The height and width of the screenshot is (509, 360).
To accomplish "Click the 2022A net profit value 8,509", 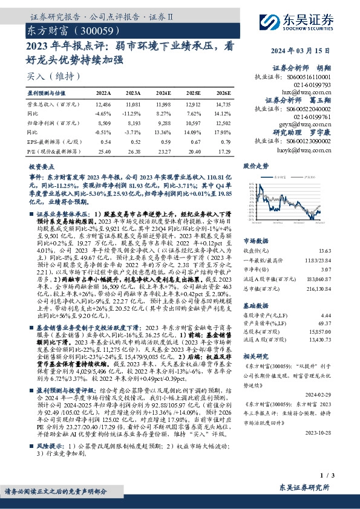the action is tap(104, 123).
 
